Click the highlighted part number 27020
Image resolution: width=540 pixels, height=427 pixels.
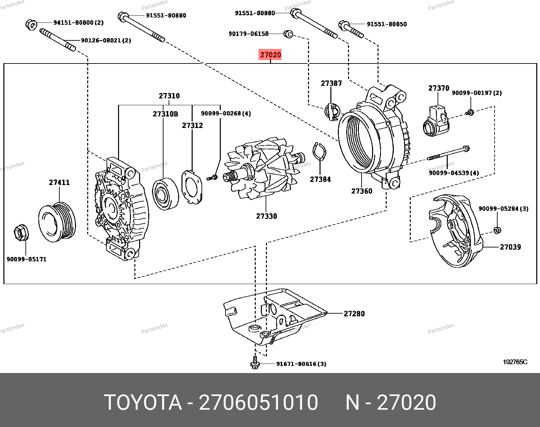coord(270,55)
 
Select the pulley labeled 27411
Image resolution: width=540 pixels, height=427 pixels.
coord(57,222)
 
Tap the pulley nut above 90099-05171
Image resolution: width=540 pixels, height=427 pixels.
coord(21,233)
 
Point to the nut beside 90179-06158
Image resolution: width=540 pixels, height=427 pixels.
coord(288,34)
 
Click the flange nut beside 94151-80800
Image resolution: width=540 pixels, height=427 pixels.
coord(31,24)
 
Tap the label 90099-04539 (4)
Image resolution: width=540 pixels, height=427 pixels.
coord(454,173)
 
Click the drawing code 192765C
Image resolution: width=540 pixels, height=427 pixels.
coord(515,362)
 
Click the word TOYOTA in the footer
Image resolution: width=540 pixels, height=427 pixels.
coord(143,403)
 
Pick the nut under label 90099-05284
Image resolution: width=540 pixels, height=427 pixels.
coord(497,230)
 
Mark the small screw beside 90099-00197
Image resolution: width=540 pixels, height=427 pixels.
coord(470,112)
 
